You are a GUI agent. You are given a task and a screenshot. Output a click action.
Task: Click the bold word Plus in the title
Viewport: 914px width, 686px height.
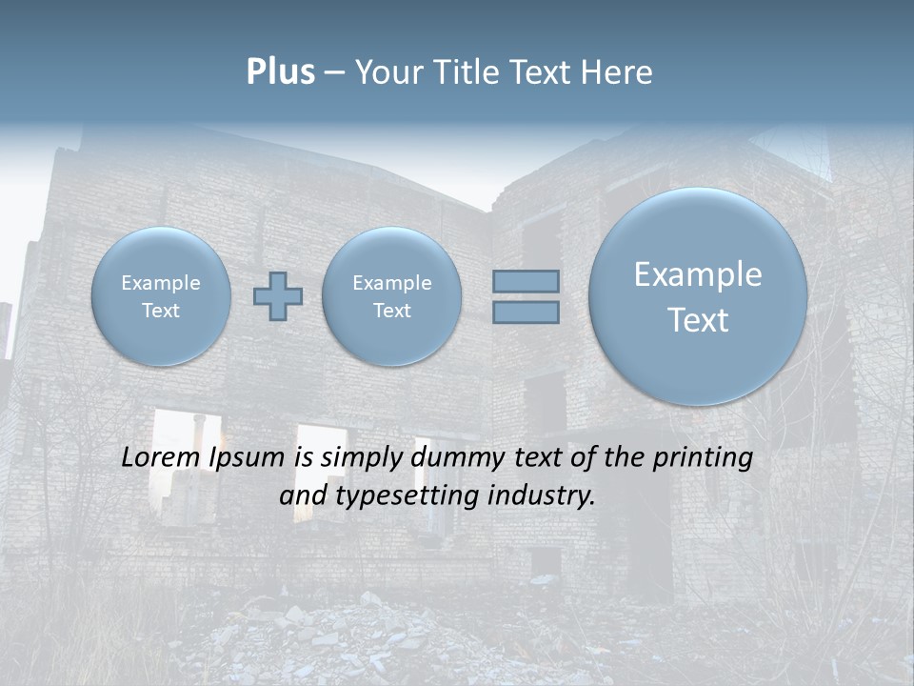click(280, 72)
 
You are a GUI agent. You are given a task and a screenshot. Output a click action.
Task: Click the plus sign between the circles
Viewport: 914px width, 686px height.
click(278, 295)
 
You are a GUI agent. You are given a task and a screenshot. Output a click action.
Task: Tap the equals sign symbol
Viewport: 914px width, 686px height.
click(526, 296)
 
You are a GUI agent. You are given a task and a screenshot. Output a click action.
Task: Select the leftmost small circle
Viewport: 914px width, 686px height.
click(161, 296)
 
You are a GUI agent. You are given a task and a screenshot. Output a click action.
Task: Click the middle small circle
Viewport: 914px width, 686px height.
click(391, 296)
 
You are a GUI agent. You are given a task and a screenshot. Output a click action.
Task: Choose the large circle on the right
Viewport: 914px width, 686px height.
click(698, 296)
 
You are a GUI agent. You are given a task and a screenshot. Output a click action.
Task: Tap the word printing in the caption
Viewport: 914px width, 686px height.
click(702, 458)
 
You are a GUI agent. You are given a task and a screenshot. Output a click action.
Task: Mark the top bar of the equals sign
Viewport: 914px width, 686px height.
click(526, 281)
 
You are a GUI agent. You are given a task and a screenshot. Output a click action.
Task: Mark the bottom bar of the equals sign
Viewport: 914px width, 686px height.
click(526, 312)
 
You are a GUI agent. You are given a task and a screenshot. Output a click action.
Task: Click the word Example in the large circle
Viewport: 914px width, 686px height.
click(698, 274)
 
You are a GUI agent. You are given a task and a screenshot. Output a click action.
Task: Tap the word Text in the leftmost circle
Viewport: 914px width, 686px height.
click(161, 311)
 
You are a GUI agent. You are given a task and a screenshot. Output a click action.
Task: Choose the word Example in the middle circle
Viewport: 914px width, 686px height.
click(391, 283)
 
